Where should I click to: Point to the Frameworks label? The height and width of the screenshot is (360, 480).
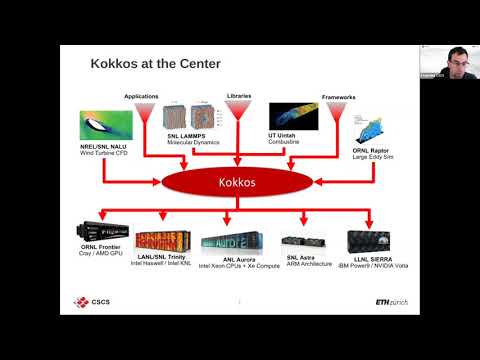pyautogui.click(x=340, y=98)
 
